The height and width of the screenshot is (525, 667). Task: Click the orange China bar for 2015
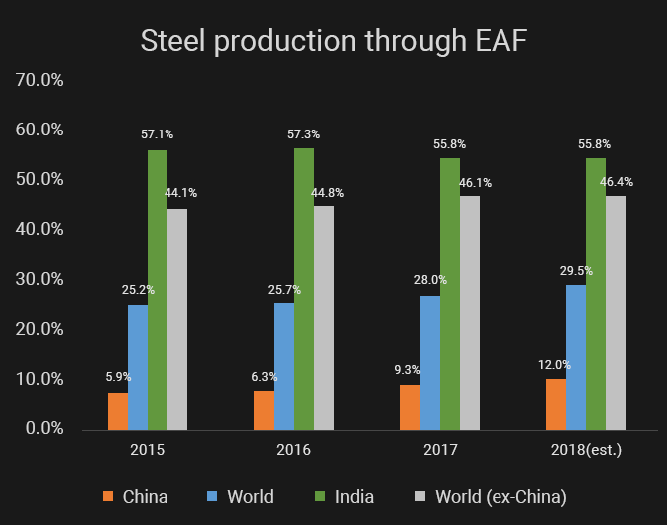click(118, 410)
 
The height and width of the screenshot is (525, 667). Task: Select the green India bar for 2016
click(304, 289)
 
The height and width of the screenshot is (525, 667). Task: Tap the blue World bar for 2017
click(430, 363)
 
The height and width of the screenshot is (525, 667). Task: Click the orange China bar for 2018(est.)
click(556, 403)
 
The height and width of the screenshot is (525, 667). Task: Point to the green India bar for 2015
click(158, 290)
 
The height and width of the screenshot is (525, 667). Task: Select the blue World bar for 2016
click(284, 366)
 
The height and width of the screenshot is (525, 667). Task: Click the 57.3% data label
click(304, 133)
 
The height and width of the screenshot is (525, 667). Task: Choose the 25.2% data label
click(138, 290)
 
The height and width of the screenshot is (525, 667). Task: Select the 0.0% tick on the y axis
click(41, 428)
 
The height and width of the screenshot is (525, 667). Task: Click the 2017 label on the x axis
click(440, 450)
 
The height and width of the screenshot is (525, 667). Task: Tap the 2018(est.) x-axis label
click(586, 450)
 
